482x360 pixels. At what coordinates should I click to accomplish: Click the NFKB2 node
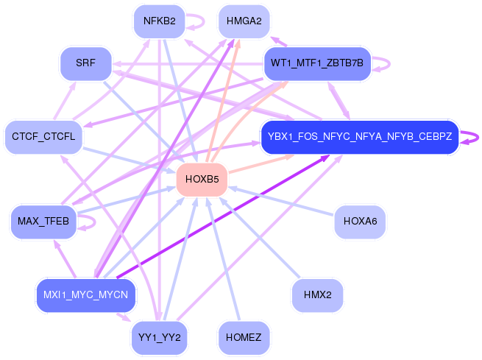pyautogui.click(x=159, y=21)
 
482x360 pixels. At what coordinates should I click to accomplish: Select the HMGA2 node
pyautogui.click(x=244, y=21)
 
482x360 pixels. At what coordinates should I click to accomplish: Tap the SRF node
pyautogui.click(x=85, y=63)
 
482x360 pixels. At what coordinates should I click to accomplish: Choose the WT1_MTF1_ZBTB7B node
pyautogui.click(x=317, y=63)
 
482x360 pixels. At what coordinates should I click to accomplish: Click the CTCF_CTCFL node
pyautogui.click(x=43, y=136)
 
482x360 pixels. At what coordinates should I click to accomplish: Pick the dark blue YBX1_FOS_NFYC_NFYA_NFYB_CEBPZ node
pyautogui.click(x=360, y=136)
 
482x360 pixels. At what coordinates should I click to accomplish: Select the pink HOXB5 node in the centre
pyautogui.click(x=202, y=179)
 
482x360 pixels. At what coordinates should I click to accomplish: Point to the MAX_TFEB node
pyautogui.click(x=43, y=221)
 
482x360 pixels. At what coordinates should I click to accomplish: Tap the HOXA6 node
pyautogui.click(x=360, y=221)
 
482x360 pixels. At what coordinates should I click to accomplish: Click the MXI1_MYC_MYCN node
pyautogui.click(x=85, y=295)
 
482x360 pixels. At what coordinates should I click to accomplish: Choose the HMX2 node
pyautogui.click(x=317, y=294)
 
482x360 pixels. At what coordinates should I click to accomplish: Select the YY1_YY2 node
pyautogui.click(x=159, y=338)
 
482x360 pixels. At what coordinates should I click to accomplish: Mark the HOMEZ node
pyautogui.click(x=244, y=338)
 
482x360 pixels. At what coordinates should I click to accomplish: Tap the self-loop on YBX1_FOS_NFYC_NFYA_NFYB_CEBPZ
pyautogui.click(x=475, y=136)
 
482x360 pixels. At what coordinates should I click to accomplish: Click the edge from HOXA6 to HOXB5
pyautogui.click(x=283, y=200)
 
